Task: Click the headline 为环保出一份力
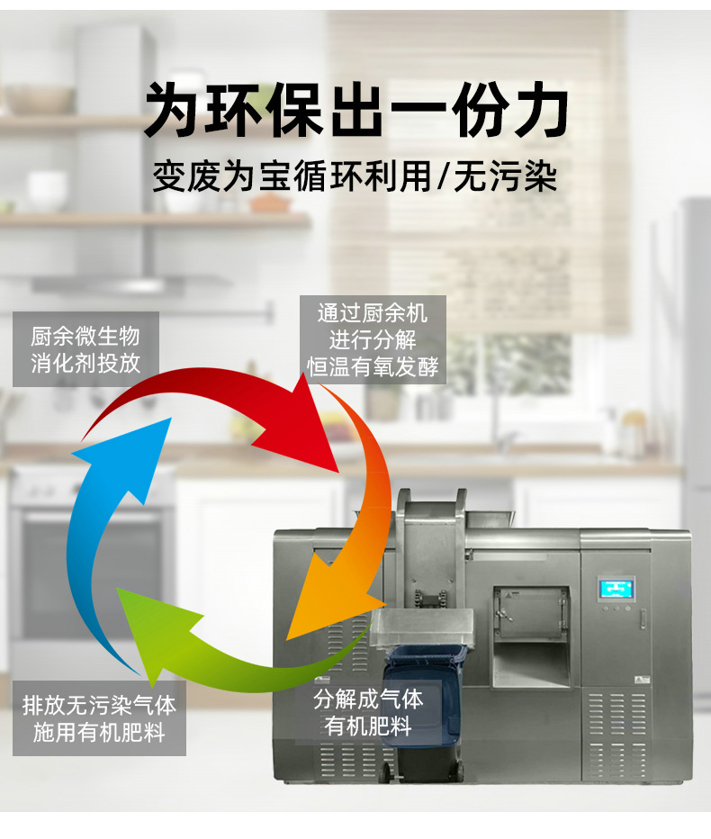(x=356, y=112)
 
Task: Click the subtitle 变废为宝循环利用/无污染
(x=356, y=175)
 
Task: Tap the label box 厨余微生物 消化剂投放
(x=85, y=349)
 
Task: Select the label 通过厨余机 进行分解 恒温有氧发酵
(x=373, y=340)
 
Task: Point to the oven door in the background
(x=90, y=567)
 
